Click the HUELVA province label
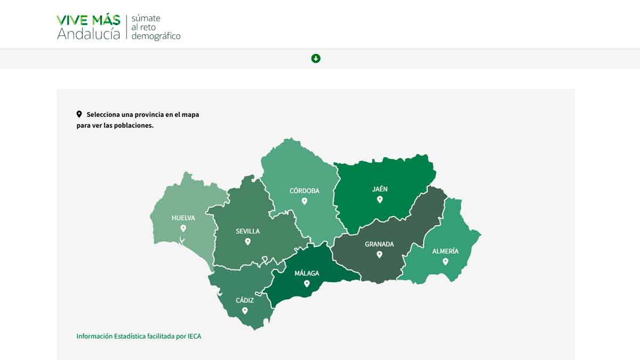(183, 218)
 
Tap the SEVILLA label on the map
(247, 231)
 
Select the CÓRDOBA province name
(304, 191)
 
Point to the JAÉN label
(380, 189)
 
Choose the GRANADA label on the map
(379, 244)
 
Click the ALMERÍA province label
(445, 251)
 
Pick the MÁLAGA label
(307, 274)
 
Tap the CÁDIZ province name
(245, 300)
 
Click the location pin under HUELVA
(183, 228)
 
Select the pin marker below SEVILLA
(247, 242)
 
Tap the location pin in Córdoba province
(304, 201)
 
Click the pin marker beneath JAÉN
(380, 199)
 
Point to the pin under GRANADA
(379, 254)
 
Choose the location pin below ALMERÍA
(445, 261)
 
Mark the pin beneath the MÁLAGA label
(307, 284)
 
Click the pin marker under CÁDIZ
(245, 310)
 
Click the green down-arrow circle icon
(316, 58)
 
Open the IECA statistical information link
(139, 337)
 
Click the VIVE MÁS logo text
(89, 20)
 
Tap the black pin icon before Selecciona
(79, 114)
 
